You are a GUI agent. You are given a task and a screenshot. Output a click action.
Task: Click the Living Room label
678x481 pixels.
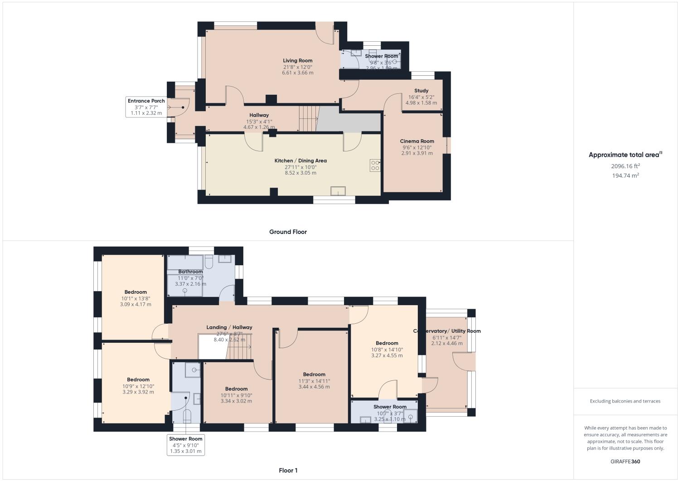click(x=297, y=61)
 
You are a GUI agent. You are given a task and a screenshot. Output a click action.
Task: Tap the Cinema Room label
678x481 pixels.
click(x=416, y=141)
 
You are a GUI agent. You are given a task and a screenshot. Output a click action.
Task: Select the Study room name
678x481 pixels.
click(x=421, y=91)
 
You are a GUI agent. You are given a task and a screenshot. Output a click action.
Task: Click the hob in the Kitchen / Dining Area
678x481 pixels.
click(x=375, y=165)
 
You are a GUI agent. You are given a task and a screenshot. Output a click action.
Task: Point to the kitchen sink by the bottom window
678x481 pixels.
click(x=338, y=191)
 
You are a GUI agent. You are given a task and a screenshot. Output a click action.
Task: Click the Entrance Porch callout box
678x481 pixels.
click(x=146, y=107)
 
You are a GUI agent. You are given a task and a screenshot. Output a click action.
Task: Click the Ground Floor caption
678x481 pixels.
click(x=288, y=232)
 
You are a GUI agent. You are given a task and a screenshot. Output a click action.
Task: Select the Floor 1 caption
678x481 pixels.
click(x=288, y=471)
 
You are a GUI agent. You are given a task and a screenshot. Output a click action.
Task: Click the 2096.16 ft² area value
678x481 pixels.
click(x=625, y=166)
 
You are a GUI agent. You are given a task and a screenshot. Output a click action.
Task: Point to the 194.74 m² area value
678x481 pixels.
click(x=625, y=175)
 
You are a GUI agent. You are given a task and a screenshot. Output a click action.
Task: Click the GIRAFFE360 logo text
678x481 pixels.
click(x=625, y=462)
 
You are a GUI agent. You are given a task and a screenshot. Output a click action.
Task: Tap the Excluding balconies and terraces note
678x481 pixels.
click(x=625, y=401)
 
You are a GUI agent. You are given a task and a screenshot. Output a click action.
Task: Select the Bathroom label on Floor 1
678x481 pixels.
click(x=190, y=272)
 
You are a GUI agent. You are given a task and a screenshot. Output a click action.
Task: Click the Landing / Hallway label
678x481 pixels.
click(x=229, y=327)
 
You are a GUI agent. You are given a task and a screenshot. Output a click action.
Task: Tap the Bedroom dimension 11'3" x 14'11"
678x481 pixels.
click(x=314, y=381)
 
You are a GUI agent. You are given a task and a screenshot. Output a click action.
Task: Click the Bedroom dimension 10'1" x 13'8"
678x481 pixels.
click(x=136, y=298)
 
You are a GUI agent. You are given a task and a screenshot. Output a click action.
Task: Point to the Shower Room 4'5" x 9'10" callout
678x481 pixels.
click(x=186, y=445)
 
